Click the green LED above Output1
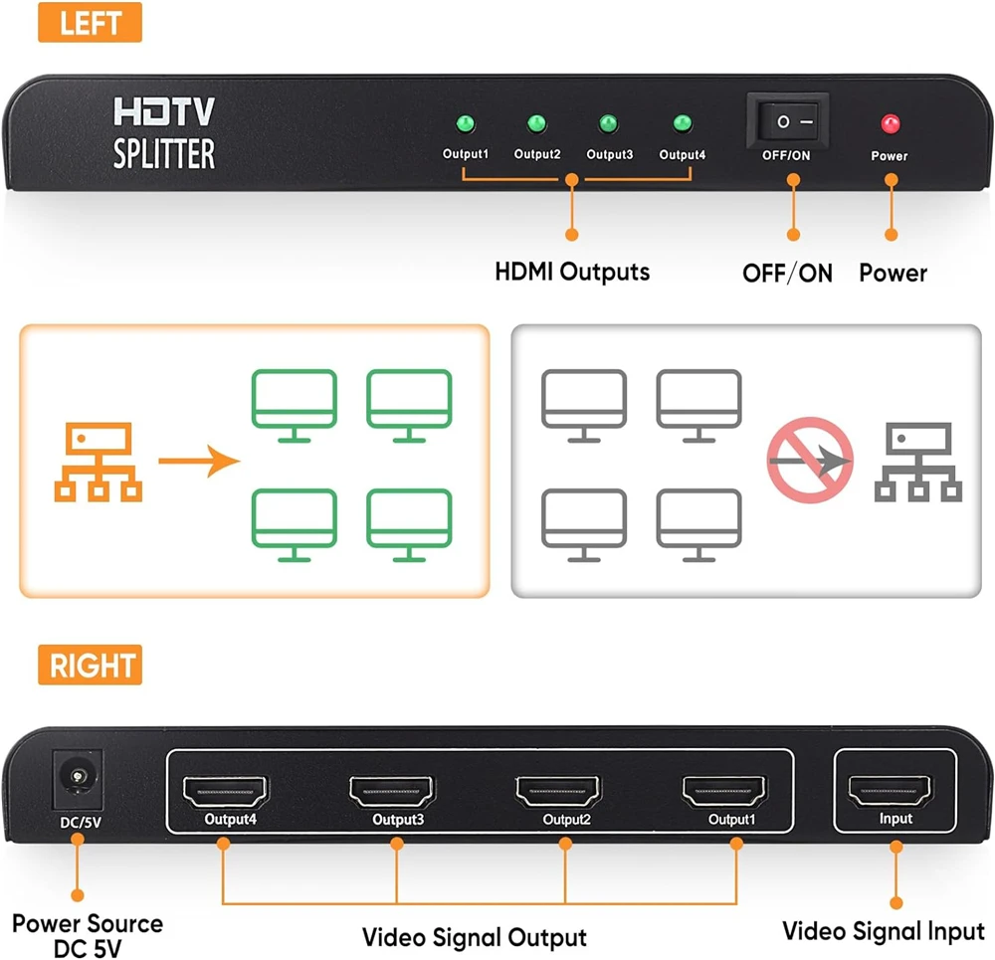pos(465,124)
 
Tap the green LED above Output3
pos(608,124)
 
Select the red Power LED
pos(890,124)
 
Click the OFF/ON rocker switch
pos(792,121)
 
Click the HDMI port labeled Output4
pos(224,791)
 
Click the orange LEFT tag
pos(90,23)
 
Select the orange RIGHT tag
pos(90,666)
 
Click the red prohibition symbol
pos(810,460)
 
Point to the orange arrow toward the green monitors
pos(199,462)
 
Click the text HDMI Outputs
pos(571,272)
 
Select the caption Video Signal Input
pos(883,931)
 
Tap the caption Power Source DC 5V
pos(88,935)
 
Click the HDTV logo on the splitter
pos(163,111)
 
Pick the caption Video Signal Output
pos(474,937)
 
